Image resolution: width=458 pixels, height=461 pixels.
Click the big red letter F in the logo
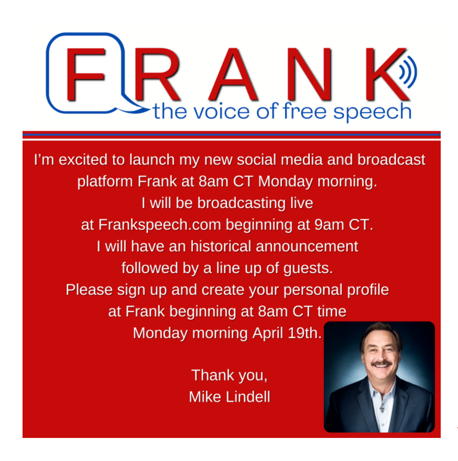point(85,74)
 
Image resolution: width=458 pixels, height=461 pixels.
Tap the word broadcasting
point(241,203)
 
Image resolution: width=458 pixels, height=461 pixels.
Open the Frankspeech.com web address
point(159,225)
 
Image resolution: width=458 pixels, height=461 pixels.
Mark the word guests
point(308,269)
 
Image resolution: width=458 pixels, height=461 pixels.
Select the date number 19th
point(304,333)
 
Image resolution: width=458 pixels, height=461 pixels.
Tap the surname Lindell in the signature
point(248,397)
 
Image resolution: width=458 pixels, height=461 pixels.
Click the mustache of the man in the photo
point(381,364)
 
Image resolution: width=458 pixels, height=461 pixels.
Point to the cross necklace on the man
point(382,407)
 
